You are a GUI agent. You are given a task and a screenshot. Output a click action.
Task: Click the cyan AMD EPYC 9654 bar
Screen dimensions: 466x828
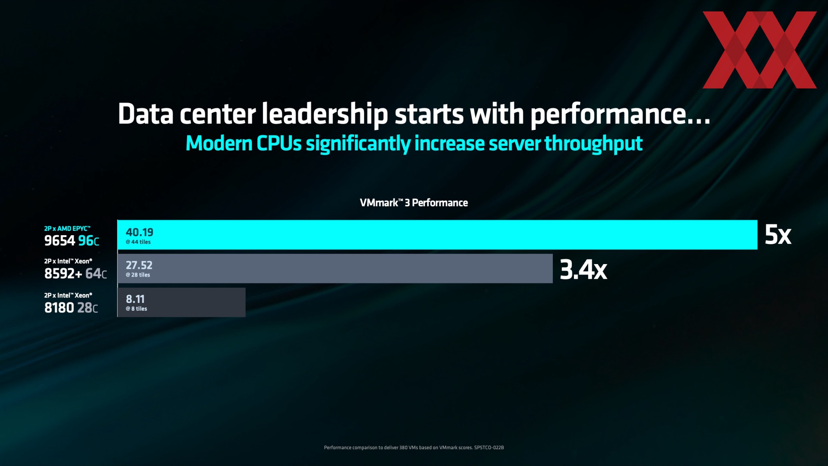coord(437,235)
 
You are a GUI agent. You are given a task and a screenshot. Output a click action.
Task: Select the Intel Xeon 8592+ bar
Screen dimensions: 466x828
coord(335,268)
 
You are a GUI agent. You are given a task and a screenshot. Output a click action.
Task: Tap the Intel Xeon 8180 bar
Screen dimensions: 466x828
coord(182,302)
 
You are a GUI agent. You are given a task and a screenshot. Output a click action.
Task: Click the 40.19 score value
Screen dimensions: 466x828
coord(139,232)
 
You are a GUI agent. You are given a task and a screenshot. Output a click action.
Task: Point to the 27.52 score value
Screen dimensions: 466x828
coord(139,265)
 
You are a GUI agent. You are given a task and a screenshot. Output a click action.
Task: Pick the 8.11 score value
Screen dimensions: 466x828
coord(135,299)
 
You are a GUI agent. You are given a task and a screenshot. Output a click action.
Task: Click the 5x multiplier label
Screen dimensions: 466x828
coord(778,235)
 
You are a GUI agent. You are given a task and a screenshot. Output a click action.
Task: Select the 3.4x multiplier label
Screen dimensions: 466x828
coord(583,270)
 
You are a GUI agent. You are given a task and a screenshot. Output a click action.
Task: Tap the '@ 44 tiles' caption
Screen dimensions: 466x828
coord(138,242)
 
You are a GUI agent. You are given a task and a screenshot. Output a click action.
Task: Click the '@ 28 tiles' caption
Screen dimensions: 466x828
coord(138,275)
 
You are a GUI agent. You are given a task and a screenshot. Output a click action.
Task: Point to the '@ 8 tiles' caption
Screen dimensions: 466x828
coord(136,309)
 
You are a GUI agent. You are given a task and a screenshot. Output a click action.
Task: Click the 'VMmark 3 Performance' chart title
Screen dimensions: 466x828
coord(414,203)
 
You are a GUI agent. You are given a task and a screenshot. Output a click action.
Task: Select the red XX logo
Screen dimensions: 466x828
coord(759,50)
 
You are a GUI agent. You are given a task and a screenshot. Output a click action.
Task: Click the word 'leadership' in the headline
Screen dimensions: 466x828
coord(324,114)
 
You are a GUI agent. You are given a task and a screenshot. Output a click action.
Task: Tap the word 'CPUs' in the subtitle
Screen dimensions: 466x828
coord(279,143)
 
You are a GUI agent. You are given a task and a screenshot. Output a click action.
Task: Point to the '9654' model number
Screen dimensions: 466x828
coord(60,241)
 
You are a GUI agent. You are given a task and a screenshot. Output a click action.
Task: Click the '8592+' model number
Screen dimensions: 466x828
coord(63,274)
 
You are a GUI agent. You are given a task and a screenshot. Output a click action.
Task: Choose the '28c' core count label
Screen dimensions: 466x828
coord(88,308)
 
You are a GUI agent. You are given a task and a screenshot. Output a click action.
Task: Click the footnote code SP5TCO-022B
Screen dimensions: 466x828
coord(489,447)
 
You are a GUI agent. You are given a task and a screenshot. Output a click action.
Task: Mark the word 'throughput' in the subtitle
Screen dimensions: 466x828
coord(593,143)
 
